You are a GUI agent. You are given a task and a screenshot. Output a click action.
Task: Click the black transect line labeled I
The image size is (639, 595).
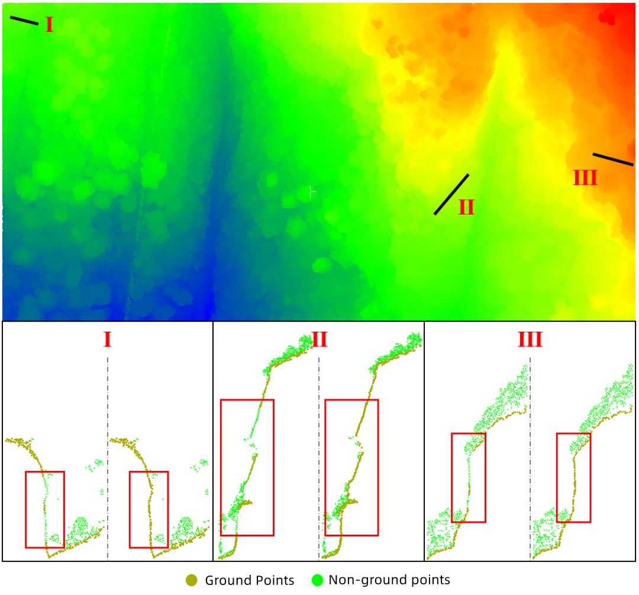24,20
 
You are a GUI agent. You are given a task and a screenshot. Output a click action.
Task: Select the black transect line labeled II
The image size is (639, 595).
451,194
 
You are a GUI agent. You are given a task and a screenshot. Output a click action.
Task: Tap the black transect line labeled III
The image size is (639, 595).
613,159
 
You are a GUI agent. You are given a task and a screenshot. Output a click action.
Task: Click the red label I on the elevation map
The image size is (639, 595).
49,25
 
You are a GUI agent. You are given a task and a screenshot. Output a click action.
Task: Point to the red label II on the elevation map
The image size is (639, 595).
466,207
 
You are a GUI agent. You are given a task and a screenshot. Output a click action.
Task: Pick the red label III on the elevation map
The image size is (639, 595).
585,178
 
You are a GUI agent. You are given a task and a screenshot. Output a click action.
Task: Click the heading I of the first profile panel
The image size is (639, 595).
107,339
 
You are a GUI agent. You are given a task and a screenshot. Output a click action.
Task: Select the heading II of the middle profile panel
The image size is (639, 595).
319,339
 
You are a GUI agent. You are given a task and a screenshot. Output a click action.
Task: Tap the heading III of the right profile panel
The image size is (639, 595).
530,339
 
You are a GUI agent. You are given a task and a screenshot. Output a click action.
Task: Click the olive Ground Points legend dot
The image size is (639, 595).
191,580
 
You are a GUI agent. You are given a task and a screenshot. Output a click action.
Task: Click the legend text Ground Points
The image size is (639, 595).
250,580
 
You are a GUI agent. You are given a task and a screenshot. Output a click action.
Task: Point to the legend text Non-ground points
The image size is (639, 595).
389,580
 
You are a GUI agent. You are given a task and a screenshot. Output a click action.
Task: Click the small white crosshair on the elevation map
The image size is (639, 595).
312,192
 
